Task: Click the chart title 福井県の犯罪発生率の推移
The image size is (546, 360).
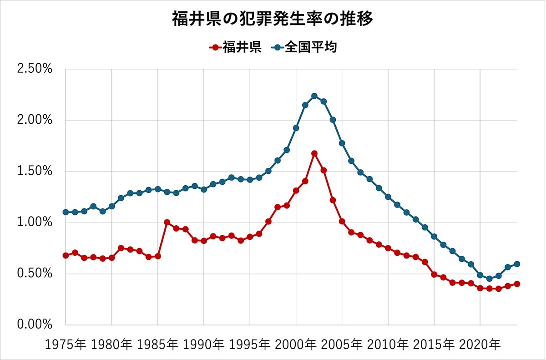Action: (x=273, y=20)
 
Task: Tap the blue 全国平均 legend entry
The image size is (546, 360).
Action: (x=305, y=47)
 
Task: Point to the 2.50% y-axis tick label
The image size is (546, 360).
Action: (x=35, y=69)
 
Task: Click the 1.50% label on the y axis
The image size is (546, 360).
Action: (x=35, y=172)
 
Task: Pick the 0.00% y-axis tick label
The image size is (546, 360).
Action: (x=35, y=325)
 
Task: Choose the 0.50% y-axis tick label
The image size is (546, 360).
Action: (x=35, y=274)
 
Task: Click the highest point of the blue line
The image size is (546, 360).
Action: (x=314, y=96)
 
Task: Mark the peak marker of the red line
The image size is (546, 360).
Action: (x=314, y=153)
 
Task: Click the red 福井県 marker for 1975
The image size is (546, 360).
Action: (x=66, y=255)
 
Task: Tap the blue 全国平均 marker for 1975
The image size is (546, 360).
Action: (x=66, y=212)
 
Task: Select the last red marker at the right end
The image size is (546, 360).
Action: (x=517, y=284)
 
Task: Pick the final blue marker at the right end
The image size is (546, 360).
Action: (x=517, y=264)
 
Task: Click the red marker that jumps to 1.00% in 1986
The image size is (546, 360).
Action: (x=167, y=222)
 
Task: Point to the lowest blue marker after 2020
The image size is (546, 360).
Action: (x=489, y=279)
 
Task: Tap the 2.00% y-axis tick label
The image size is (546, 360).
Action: (x=35, y=121)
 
